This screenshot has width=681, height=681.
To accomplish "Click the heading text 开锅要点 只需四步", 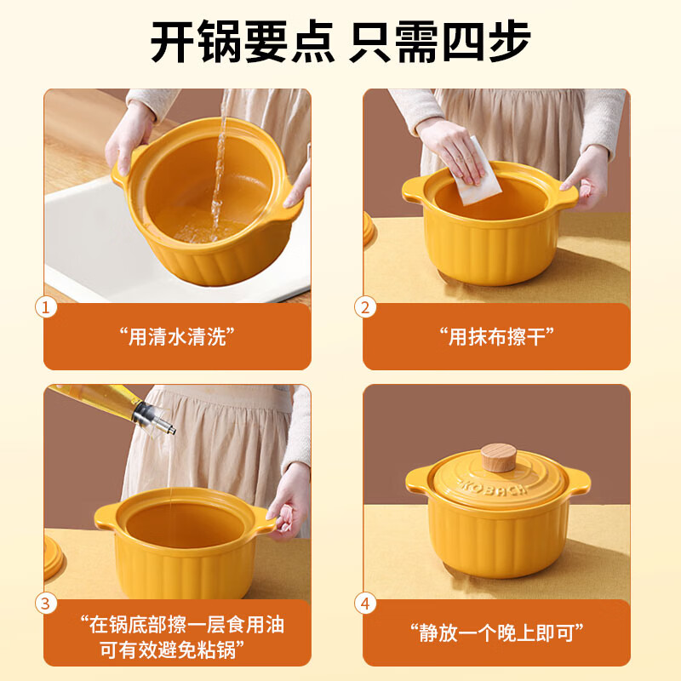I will point(340,41).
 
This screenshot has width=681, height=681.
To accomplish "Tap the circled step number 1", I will point(46,307).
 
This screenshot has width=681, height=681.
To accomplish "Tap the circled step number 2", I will point(366,307).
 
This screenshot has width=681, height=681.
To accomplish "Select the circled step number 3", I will point(46,603).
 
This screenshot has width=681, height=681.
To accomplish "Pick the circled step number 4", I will point(366,603).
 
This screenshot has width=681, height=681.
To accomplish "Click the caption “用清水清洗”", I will point(177,336).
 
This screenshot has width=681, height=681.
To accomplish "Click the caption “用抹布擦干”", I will point(497,336).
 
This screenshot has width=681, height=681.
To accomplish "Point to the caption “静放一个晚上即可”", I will point(497,632).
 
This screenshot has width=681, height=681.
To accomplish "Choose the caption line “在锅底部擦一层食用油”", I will point(177,624).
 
